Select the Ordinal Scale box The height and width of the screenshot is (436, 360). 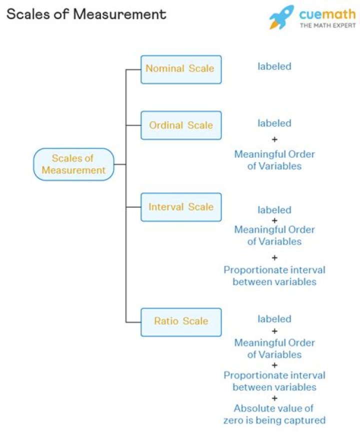[x=180, y=125]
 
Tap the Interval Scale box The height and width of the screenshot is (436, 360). [x=180, y=207]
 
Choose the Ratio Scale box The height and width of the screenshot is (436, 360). [x=180, y=322]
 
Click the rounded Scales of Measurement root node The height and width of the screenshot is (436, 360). [x=73, y=164]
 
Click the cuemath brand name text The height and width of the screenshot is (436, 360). [x=327, y=13]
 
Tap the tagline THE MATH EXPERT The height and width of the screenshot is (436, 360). [x=327, y=25]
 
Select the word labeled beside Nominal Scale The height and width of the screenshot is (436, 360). [x=274, y=66]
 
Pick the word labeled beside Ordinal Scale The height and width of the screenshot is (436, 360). [x=274, y=123]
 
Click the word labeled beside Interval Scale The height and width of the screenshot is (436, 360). [x=274, y=210]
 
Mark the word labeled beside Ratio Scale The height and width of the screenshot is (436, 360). [x=274, y=319]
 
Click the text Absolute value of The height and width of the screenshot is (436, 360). [x=274, y=409]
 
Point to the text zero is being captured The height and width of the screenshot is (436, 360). [x=274, y=420]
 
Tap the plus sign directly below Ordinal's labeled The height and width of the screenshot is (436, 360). [x=274, y=139]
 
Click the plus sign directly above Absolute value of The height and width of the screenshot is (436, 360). [x=274, y=398]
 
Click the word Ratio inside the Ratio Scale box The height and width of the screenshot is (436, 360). [x=165, y=321]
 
